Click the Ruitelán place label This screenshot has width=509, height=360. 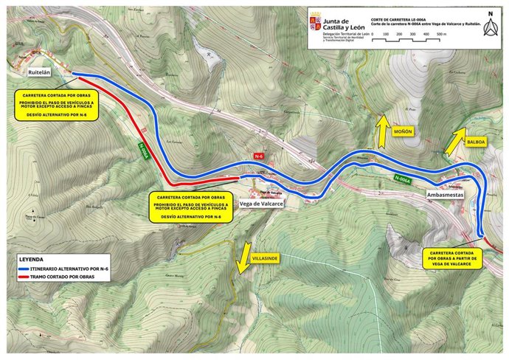point(38,73)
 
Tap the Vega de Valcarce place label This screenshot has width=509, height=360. point(263,204)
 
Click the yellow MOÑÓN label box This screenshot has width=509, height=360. point(402,131)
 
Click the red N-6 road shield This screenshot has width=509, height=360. point(258,156)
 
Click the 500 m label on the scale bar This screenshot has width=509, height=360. point(440,34)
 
